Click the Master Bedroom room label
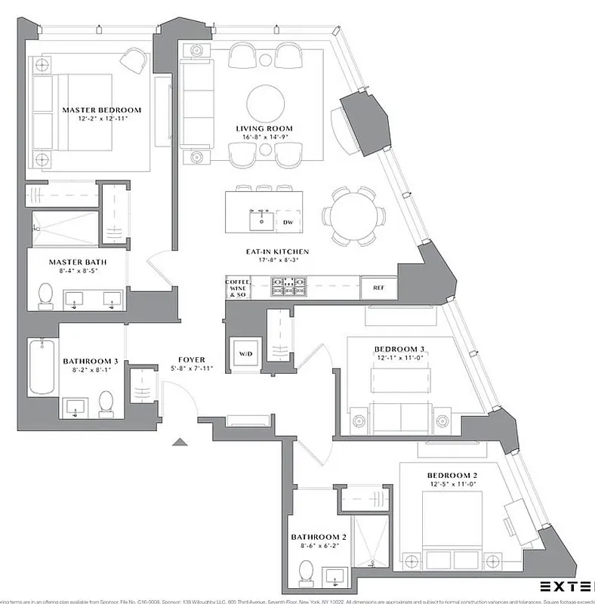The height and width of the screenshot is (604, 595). pos(101,110)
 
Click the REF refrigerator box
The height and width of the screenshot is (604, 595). pos(378,287)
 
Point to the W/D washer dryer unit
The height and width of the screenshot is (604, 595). pos(246,353)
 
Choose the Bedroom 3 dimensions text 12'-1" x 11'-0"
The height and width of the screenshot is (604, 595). pos(400,357)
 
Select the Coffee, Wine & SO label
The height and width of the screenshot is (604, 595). pos(237,287)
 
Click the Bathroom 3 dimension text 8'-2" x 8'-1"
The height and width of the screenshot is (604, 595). pos(90,370)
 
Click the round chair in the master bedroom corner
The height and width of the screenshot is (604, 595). pos(134,60)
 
